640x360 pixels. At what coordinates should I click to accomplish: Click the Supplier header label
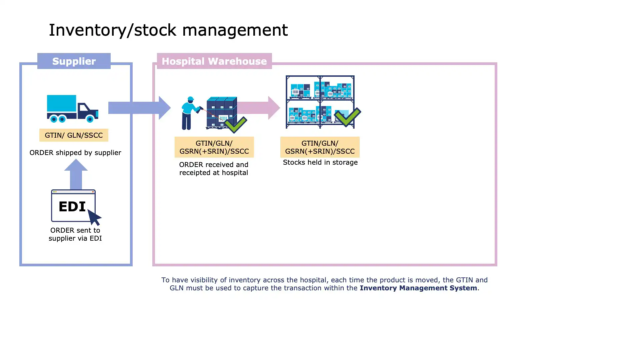[x=74, y=61]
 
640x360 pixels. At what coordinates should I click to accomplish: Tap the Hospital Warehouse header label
[x=214, y=61]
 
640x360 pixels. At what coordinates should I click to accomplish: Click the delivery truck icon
[x=72, y=108]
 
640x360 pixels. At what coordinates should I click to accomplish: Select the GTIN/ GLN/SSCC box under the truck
[x=74, y=135]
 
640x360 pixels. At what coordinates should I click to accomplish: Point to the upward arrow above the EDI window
[x=76, y=173]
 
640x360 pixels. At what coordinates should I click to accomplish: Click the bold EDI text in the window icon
[x=72, y=206]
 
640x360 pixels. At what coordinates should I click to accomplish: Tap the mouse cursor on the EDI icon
[x=94, y=217]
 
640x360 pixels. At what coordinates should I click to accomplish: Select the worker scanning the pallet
[x=190, y=113]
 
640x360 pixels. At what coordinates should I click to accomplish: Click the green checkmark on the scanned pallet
[x=236, y=124]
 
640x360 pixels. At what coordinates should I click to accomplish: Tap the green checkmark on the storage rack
[x=347, y=117]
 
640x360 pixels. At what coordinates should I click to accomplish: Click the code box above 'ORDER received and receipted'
[x=214, y=147]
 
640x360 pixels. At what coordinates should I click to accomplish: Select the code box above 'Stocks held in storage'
[x=320, y=147]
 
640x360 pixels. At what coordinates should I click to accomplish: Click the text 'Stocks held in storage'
[x=320, y=162]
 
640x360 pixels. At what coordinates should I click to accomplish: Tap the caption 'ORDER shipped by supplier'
[x=75, y=153]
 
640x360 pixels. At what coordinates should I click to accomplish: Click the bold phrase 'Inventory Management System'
[x=418, y=288]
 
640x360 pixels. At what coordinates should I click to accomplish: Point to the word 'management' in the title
[x=235, y=30]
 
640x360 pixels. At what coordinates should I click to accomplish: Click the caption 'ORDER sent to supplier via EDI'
[x=75, y=234]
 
